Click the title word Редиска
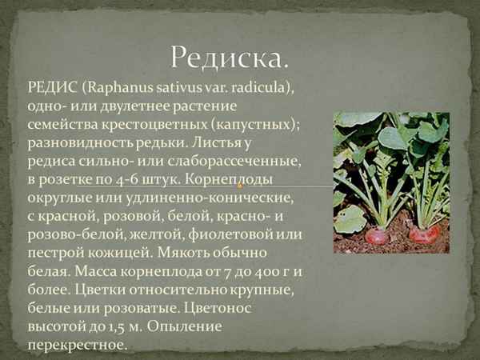[229, 58]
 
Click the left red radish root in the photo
[377, 235]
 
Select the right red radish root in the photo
[425, 234]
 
